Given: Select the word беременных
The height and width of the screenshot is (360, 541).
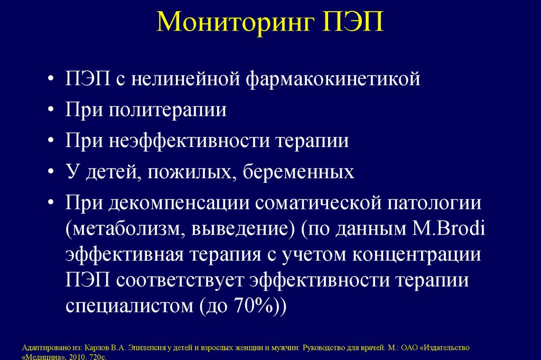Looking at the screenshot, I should [299, 172].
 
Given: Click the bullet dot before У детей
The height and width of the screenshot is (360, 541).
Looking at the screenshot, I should [50, 173].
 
